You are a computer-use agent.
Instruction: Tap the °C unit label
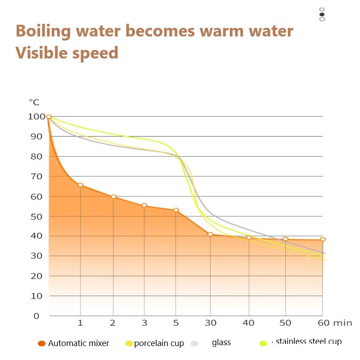point(34,102)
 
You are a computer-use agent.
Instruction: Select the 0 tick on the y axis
point(37,315)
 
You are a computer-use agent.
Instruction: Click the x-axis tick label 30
point(210,323)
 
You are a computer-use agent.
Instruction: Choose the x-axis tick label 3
point(144,323)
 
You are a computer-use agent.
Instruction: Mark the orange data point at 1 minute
point(81,185)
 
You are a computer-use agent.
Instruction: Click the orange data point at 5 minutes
point(176,210)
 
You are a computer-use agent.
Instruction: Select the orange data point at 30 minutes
point(210,234)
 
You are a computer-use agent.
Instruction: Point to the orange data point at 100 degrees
point(49,117)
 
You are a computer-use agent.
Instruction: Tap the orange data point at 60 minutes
point(323,239)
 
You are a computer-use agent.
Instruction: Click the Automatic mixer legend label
point(79,343)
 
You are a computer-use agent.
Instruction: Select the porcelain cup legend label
point(159,343)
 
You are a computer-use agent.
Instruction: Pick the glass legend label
point(221,342)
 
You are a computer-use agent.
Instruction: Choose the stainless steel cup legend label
point(309,342)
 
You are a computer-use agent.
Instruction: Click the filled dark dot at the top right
point(322,14)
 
